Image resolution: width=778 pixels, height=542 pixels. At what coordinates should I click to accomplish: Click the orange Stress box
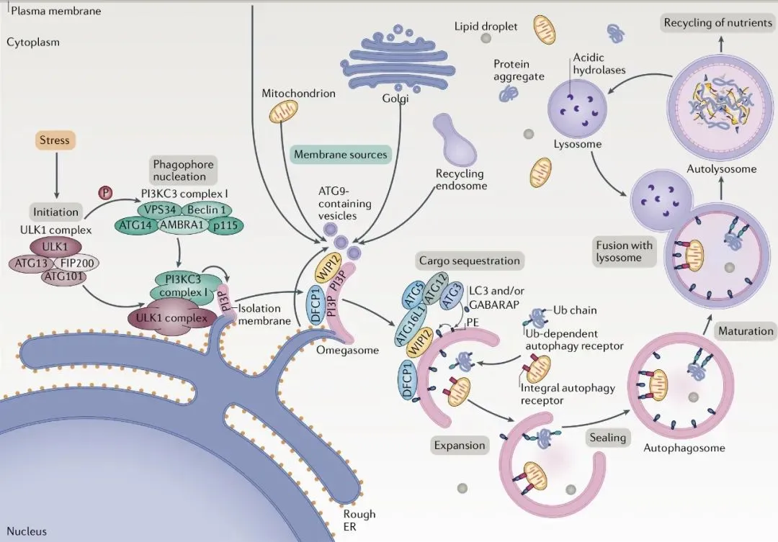[55, 140]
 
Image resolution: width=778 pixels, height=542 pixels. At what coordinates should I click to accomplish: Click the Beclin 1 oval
[205, 209]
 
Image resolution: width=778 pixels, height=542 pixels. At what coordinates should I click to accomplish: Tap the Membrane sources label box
[341, 155]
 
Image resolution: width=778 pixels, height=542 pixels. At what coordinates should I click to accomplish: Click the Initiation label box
[55, 212]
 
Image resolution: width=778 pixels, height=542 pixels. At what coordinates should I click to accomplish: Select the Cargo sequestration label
[468, 261]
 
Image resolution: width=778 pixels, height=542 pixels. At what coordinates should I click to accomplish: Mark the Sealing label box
[607, 438]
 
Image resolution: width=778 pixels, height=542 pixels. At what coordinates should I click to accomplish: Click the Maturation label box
[744, 331]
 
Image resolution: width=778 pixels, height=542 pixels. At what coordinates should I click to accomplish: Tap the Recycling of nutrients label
[717, 23]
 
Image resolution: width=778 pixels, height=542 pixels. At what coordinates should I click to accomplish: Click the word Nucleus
[27, 532]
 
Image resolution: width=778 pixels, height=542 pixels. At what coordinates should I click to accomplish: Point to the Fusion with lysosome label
[624, 251]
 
